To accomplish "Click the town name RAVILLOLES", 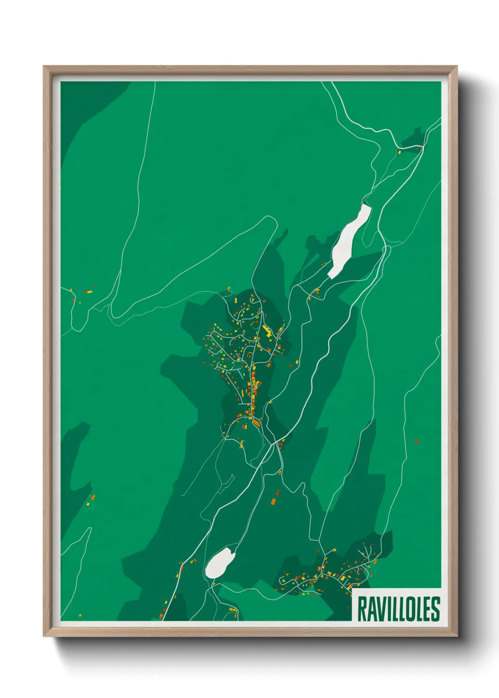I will point(399,608).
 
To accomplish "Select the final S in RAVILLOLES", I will point(435,609).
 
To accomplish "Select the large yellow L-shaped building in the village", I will point(267,330).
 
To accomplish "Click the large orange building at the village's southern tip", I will point(257,423).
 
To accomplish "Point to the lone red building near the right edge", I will point(416,441).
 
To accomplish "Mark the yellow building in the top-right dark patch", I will point(399,152).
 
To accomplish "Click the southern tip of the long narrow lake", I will point(332,275).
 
